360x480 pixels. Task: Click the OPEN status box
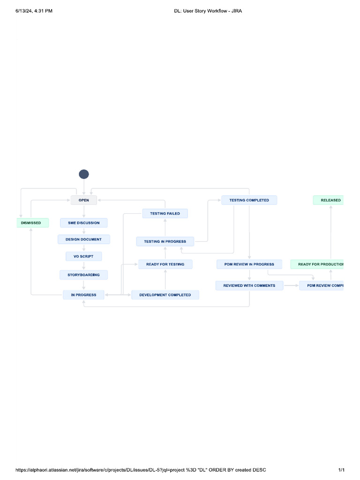[x=84, y=200]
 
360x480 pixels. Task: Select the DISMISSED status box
[x=31, y=223]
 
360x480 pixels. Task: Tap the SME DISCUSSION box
[x=84, y=223]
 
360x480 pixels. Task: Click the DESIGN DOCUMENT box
[x=84, y=240]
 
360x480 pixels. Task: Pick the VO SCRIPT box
[x=84, y=256]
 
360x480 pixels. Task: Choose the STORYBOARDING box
[x=84, y=275]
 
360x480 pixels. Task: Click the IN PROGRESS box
[x=84, y=295]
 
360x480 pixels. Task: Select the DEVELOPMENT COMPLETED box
[x=165, y=295]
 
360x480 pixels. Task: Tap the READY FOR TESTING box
[x=165, y=264]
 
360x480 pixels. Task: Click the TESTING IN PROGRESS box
[x=165, y=241]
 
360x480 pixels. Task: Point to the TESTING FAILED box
[x=165, y=214]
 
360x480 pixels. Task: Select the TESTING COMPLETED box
[x=249, y=200]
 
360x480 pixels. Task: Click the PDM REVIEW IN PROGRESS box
[x=249, y=264]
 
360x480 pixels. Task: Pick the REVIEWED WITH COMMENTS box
[x=249, y=285]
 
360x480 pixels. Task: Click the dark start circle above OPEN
[x=84, y=174]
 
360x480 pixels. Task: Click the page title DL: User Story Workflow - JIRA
[x=205, y=11]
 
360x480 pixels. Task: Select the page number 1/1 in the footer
[x=341, y=470]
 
